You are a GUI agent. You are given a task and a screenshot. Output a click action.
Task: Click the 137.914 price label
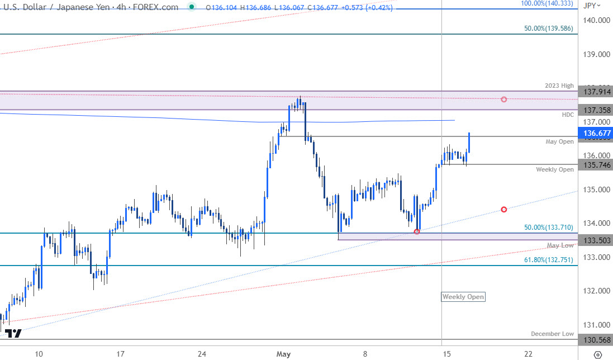point(596,92)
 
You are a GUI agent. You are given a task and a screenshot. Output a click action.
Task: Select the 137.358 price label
point(596,110)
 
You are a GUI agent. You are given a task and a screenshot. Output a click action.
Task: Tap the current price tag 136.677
point(596,134)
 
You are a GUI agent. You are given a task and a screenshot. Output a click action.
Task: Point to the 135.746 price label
point(596,165)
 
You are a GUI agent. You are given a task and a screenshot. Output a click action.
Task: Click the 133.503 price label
point(596,240)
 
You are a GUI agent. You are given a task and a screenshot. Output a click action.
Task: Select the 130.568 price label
point(596,340)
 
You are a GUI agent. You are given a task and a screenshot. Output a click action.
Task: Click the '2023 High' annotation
point(559,86)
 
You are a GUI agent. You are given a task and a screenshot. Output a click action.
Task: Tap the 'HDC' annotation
point(568,114)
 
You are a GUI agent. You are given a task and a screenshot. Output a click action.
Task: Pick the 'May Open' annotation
point(559,141)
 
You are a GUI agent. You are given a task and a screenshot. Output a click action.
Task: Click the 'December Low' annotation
point(552,334)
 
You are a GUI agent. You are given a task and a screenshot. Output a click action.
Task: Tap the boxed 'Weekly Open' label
point(463,297)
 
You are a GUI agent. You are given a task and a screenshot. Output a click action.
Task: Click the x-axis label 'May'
point(284,354)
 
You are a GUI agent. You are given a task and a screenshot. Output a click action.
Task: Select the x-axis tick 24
point(202,354)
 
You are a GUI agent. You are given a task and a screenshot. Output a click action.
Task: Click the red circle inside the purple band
point(504,99)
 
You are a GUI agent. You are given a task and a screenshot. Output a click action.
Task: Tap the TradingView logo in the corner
point(13,334)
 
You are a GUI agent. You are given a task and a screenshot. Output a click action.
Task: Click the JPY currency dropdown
point(592,6)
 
